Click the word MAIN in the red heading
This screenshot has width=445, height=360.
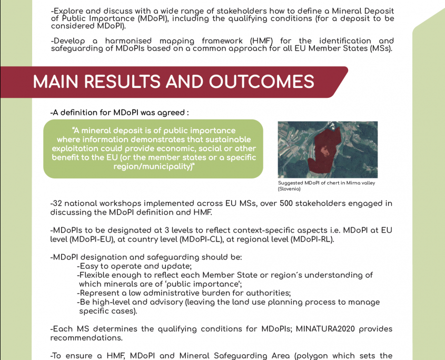coord(56,82)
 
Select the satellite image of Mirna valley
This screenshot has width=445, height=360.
coord(327,149)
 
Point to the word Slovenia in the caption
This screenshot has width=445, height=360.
coord(289,188)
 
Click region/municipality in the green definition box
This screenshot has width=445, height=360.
coord(152,166)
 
